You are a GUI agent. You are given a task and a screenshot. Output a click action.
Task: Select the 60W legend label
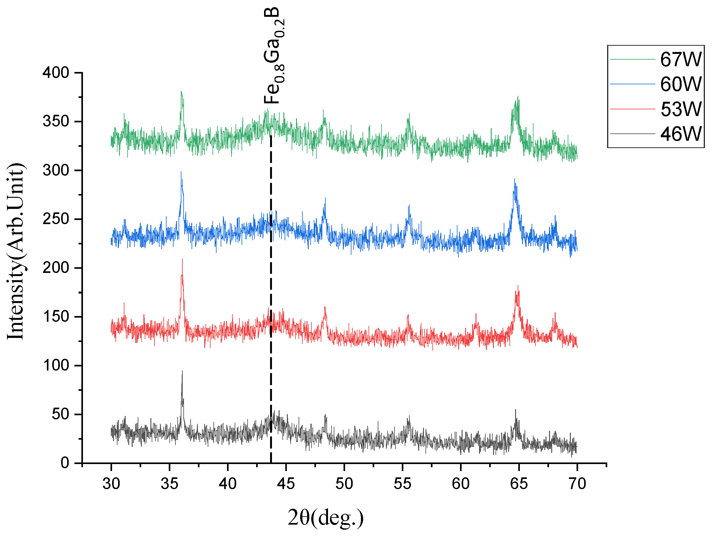coord(680,84)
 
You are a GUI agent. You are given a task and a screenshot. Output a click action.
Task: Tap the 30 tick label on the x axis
coord(111,484)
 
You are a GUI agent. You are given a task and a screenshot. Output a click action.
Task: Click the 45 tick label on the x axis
coord(286,484)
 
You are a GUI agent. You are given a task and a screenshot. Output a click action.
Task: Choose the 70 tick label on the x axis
coord(577,484)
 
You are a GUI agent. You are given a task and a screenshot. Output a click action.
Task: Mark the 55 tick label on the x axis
coord(402,484)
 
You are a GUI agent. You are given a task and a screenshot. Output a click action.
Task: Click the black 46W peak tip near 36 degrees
coord(182,371)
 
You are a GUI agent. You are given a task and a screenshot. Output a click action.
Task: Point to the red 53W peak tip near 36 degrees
coord(182,259)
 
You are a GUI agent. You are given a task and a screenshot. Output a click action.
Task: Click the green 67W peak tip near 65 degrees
coord(518,96)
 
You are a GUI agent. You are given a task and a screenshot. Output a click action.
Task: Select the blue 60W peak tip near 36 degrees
coord(181,171)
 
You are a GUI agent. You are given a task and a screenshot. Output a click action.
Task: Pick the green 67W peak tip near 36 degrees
coord(181,91)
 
